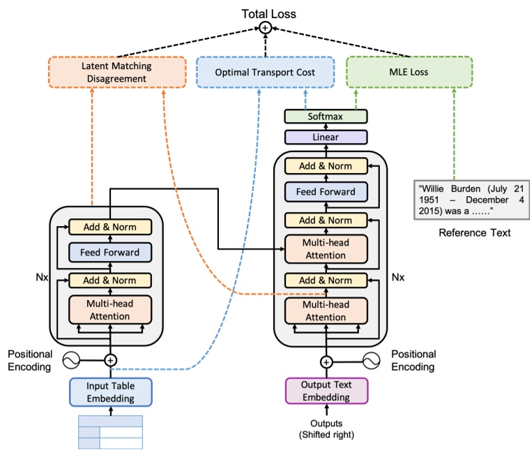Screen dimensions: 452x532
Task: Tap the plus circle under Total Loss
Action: pyautogui.click(x=265, y=29)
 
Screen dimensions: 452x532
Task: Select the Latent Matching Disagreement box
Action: pyautogui.click(x=116, y=72)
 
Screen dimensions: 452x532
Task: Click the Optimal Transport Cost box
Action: pyautogui.click(x=265, y=72)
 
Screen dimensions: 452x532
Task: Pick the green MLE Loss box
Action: pyautogui.click(x=409, y=72)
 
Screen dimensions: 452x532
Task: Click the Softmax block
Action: pyautogui.click(x=326, y=116)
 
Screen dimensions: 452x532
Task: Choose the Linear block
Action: pyautogui.click(x=326, y=137)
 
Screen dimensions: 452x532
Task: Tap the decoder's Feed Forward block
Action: pyautogui.click(x=326, y=192)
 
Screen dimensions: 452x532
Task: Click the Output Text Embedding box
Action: pyautogui.click(x=326, y=391)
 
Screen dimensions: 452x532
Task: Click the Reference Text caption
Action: pyautogui.click(x=474, y=232)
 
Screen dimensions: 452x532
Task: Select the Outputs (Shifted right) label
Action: pyautogui.click(x=326, y=429)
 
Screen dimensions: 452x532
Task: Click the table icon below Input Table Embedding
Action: pyautogui.click(x=110, y=432)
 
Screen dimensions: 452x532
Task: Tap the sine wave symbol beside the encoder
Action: pyautogui.click(x=73, y=361)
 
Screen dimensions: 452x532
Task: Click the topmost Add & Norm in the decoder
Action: pyautogui.click(x=326, y=166)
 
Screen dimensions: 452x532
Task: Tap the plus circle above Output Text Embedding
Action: pyautogui.click(x=326, y=361)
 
